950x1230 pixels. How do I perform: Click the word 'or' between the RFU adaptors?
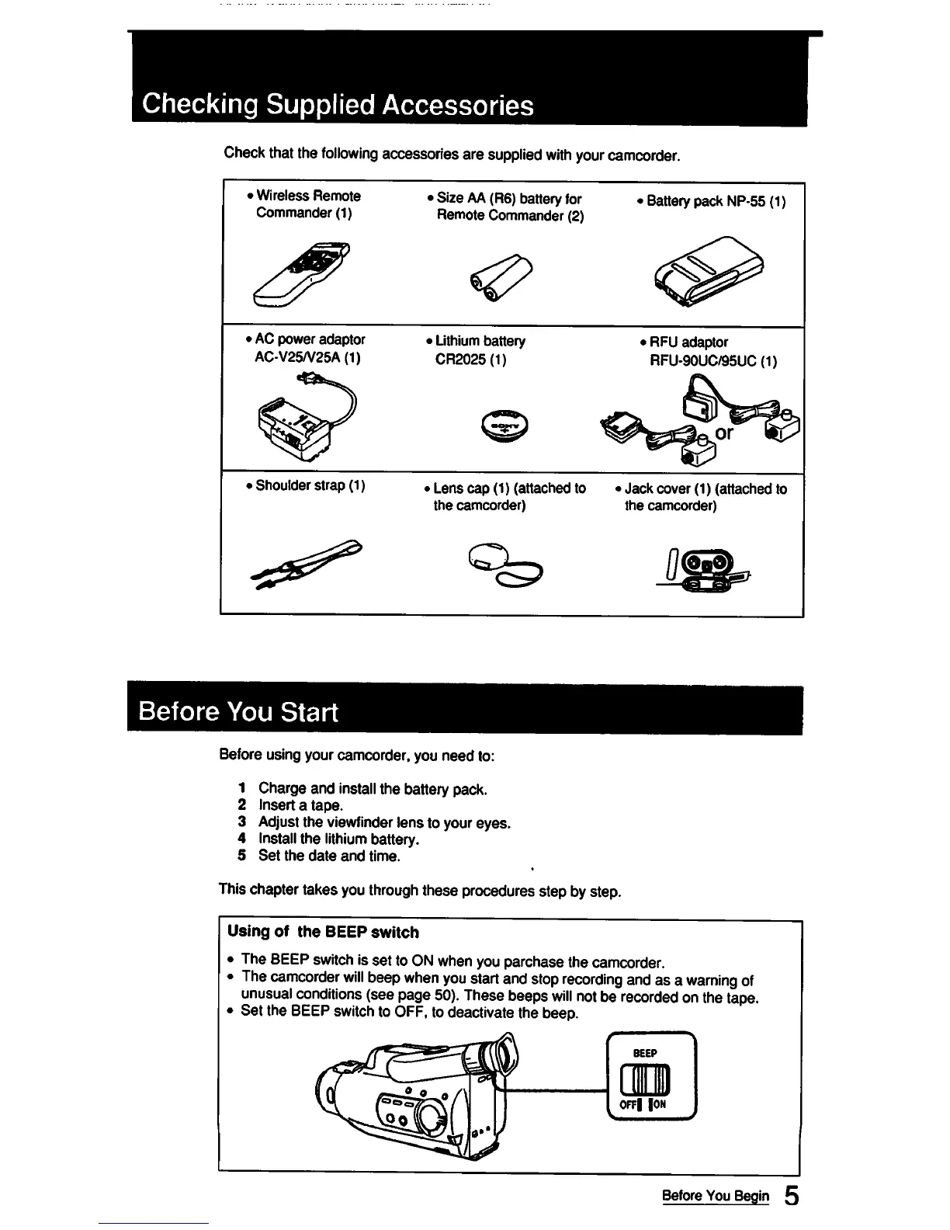tap(723, 433)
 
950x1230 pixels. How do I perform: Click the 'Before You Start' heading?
tap(238, 711)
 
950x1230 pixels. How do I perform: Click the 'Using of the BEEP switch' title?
tap(323, 932)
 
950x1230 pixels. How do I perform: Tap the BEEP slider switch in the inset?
tap(651, 1079)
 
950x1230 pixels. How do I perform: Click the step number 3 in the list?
tap(242, 822)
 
